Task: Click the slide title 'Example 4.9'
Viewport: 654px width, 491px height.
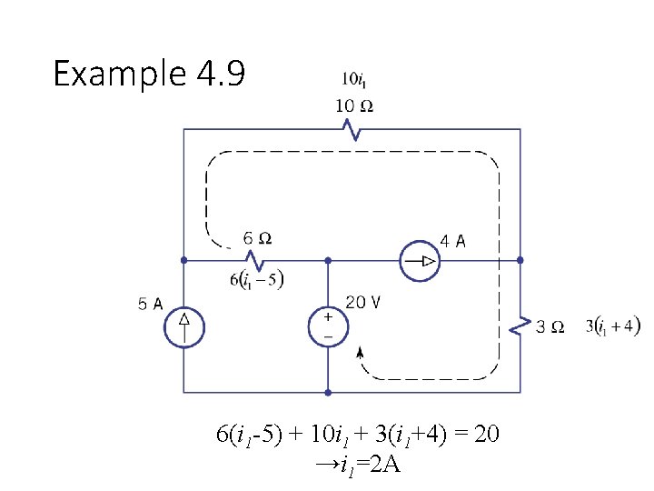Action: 149,73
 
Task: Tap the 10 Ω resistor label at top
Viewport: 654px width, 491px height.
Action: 354,105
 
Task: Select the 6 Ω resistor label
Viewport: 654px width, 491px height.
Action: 257,239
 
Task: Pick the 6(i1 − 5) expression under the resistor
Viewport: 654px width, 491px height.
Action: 256,280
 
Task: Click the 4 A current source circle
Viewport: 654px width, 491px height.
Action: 420,262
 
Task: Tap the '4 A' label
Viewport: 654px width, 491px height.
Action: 453,241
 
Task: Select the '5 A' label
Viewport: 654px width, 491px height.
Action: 151,305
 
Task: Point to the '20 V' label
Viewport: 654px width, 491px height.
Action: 363,303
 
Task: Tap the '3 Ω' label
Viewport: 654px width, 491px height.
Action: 550,326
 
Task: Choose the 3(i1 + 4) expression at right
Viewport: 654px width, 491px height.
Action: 613,326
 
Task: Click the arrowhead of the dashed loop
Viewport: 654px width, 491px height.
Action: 360,353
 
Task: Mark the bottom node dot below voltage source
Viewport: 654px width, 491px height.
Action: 328,393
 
